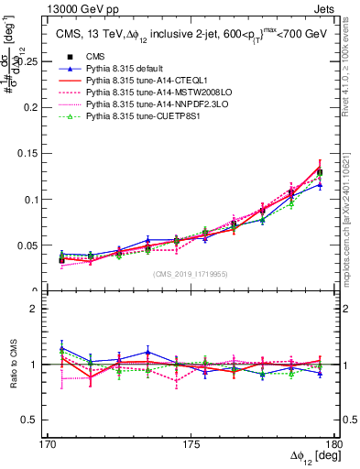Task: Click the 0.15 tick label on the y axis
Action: point(38,153)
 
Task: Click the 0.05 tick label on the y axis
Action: point(38,245)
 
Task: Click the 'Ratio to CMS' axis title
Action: point(16,365)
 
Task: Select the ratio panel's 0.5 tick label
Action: point(40,420)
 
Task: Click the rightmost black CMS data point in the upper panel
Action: point(320,172)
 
